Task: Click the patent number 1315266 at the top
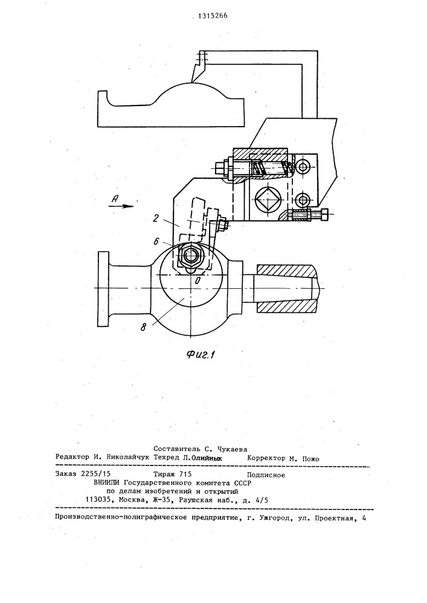pos(213,16)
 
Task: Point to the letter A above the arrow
pos(114,198)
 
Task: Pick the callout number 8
pos(144,328)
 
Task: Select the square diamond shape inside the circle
pos(268,200)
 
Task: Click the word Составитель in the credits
pos(177,449)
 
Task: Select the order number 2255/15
pos(94,475)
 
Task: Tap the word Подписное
pos(266,475)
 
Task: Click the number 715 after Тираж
pos(185,475)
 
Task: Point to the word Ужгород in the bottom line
pos(275,517)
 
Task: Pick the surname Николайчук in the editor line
pos(129,458)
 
